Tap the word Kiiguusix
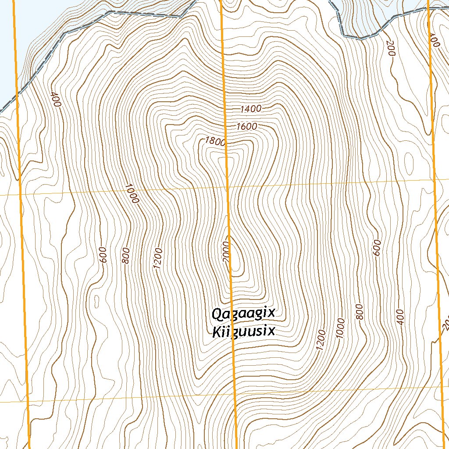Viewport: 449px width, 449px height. click(243, 331)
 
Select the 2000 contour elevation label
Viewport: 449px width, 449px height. click(226, 253)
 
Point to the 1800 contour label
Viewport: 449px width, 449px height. click(215, 141)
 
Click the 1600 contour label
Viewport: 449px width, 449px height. click(246, 127)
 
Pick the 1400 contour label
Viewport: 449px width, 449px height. click(251, 109)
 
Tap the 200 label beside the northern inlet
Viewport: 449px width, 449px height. click(391, 48)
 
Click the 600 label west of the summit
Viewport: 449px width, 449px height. click(103, 255)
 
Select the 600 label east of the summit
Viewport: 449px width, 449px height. click(378, 248)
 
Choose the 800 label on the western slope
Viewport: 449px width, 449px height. click(126, 256)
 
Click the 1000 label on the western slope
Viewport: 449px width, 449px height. click(131, 193)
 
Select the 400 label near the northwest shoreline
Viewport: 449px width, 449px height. click(55, 99)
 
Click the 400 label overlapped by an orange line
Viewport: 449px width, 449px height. click(433, 40)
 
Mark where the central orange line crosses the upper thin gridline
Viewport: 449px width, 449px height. click(227, 186)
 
